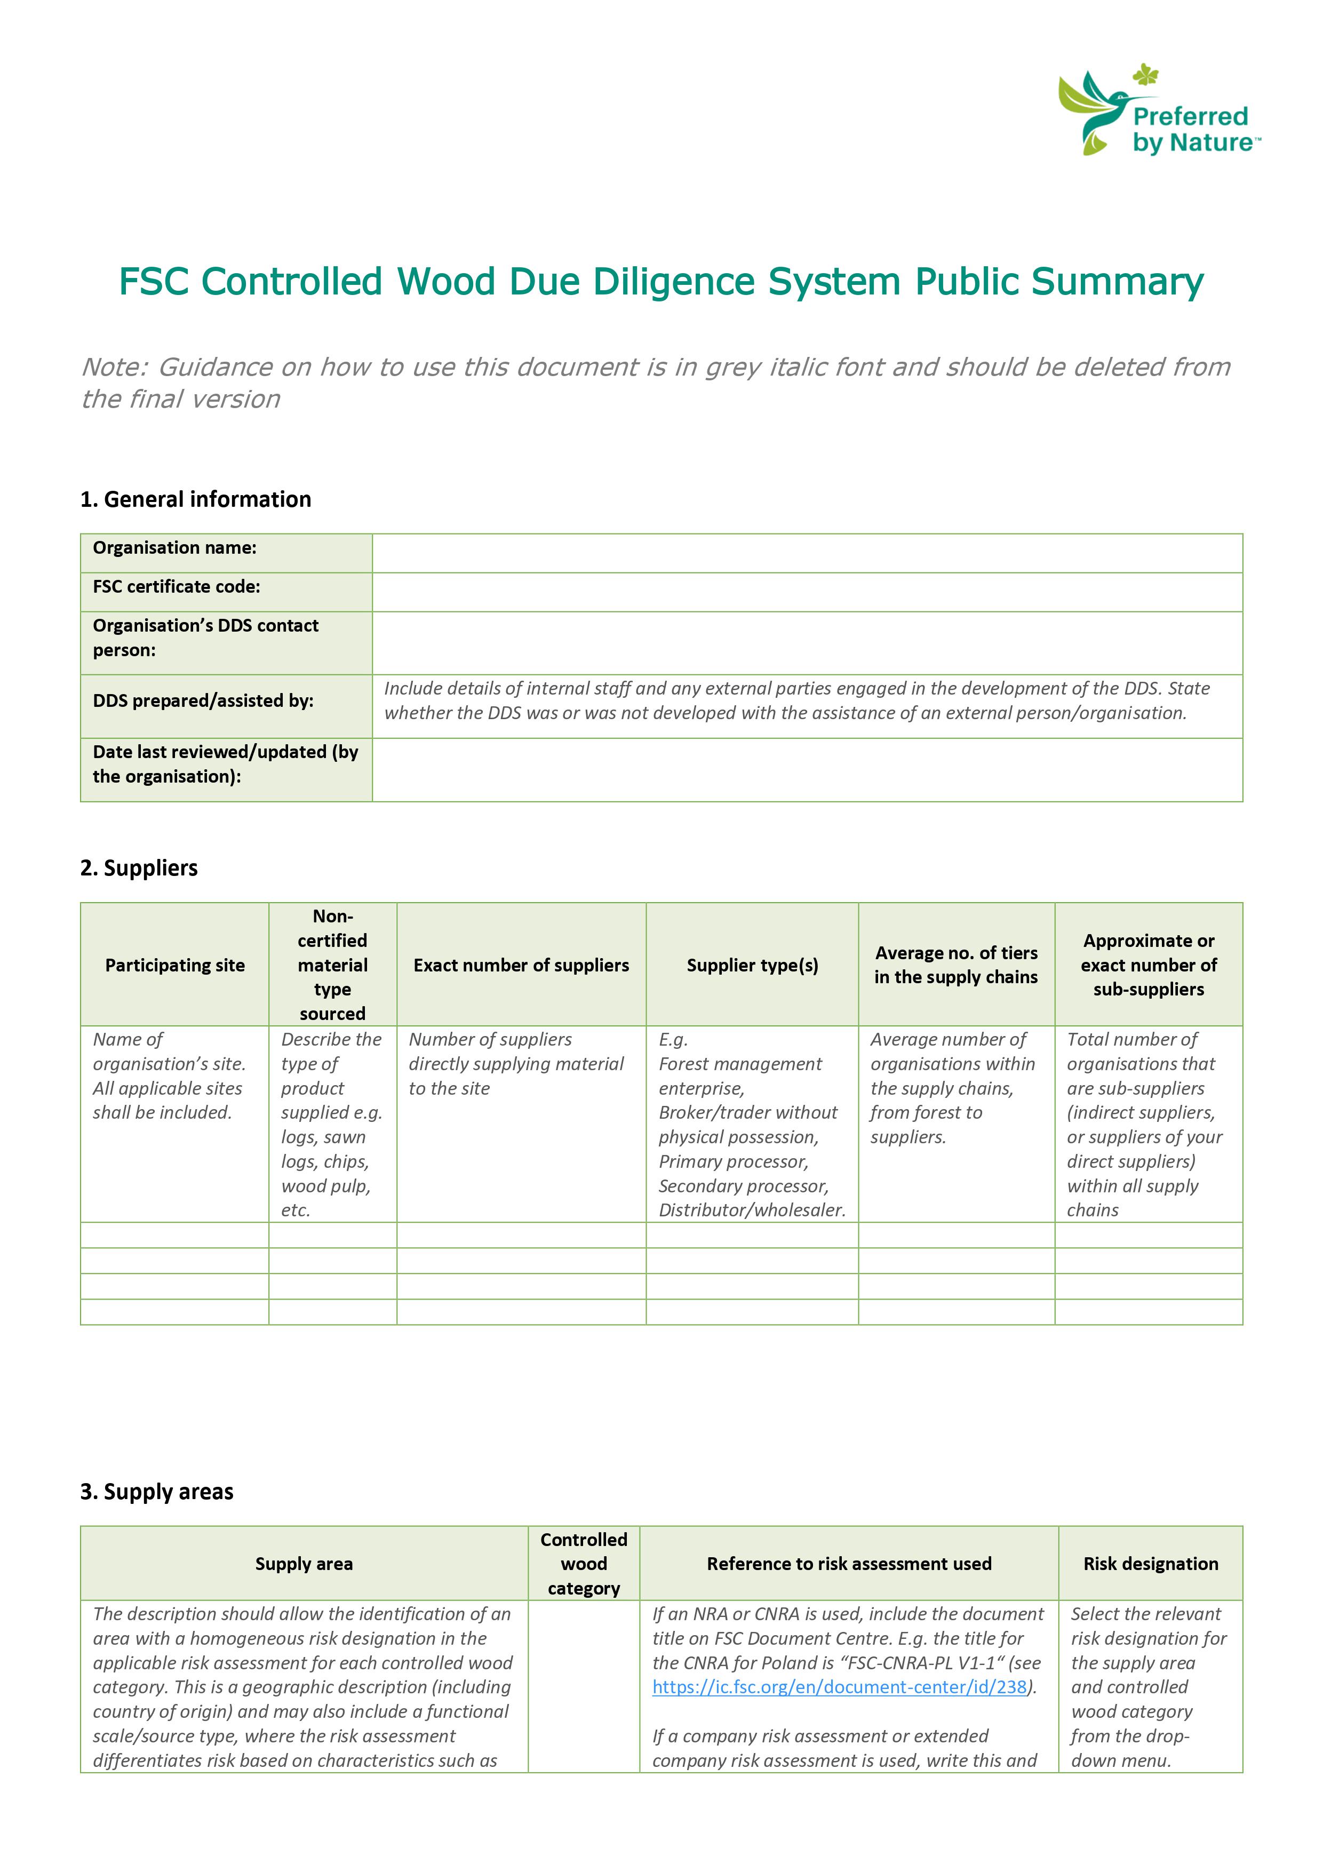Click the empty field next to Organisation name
click(807, 553)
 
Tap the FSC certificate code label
click(176, 587)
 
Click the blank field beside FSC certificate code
click(807, 592)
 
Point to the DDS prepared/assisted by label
click(203, 700)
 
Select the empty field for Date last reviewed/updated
click(807, 770)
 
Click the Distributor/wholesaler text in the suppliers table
click(752, 1210)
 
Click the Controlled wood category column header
click(584, 1563)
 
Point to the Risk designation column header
click(1150, 1563)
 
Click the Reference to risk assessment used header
click(849, 1563)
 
